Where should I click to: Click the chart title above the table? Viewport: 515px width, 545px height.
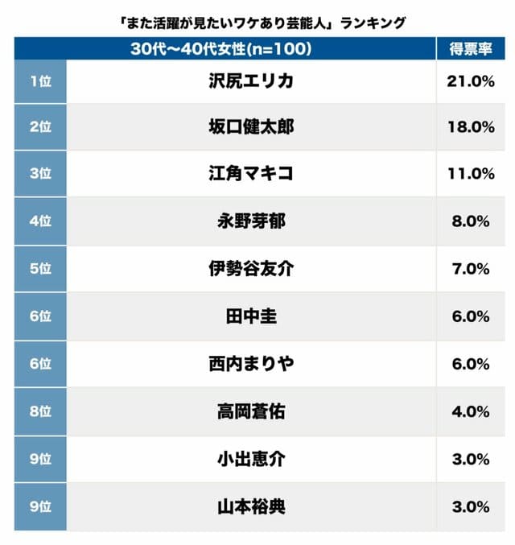(258, 23)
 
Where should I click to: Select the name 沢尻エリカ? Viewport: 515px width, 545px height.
(251, 80)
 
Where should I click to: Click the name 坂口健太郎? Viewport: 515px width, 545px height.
(251, 126)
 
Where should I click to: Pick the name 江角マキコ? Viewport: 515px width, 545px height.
(251, 173)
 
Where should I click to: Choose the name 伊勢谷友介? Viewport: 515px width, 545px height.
(251, 269)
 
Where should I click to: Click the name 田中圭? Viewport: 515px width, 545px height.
(251, 316)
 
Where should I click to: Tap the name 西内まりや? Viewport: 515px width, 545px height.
(251, 364)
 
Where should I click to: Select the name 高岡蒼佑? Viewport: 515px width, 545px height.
(251, 411)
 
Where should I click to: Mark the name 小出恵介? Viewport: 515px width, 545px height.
(251, 459)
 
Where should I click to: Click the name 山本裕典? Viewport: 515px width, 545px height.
(251, 506)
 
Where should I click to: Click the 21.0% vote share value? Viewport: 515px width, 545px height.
(470, 80)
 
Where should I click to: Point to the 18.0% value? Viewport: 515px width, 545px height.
(470, 126)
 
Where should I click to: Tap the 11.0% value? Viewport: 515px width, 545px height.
(470, 173)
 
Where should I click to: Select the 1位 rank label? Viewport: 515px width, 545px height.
(39, 80)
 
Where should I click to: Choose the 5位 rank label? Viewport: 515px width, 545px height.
(39, 269)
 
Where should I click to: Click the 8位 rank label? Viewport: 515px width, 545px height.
(39, 411)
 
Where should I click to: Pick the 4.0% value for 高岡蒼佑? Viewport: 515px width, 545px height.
(470, 411)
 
